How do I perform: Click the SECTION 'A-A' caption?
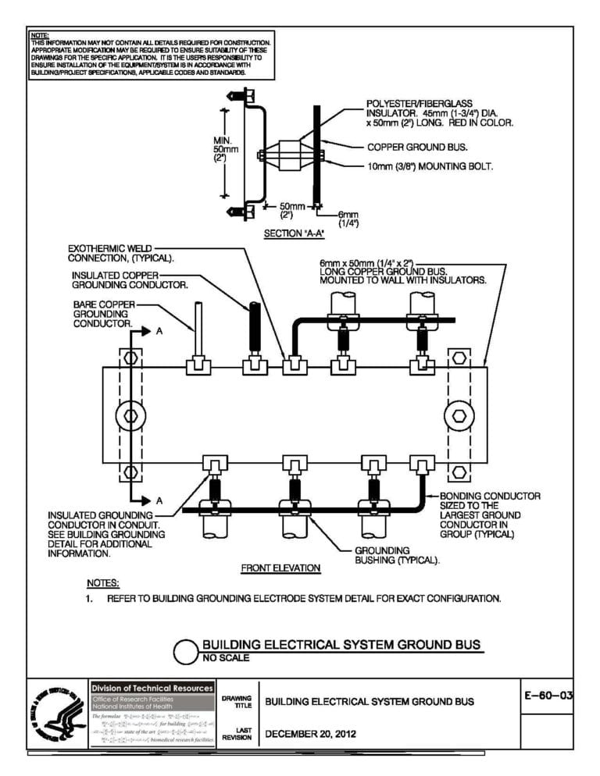(x=295, y=233)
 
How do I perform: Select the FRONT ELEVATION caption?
(x=280, y=568)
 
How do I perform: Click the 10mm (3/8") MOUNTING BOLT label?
(x=430, y=166)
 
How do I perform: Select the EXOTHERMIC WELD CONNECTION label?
(x=120, y=252)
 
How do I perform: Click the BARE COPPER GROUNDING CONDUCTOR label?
(x=105, y=313)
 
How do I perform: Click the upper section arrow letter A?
(x=159, y=331)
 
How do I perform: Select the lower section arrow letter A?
(x=159, y=500)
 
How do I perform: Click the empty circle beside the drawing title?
(x=185, y=651)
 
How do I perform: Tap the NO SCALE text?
(x=226, y=658)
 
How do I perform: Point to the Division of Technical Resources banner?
(x=152, y=688)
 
